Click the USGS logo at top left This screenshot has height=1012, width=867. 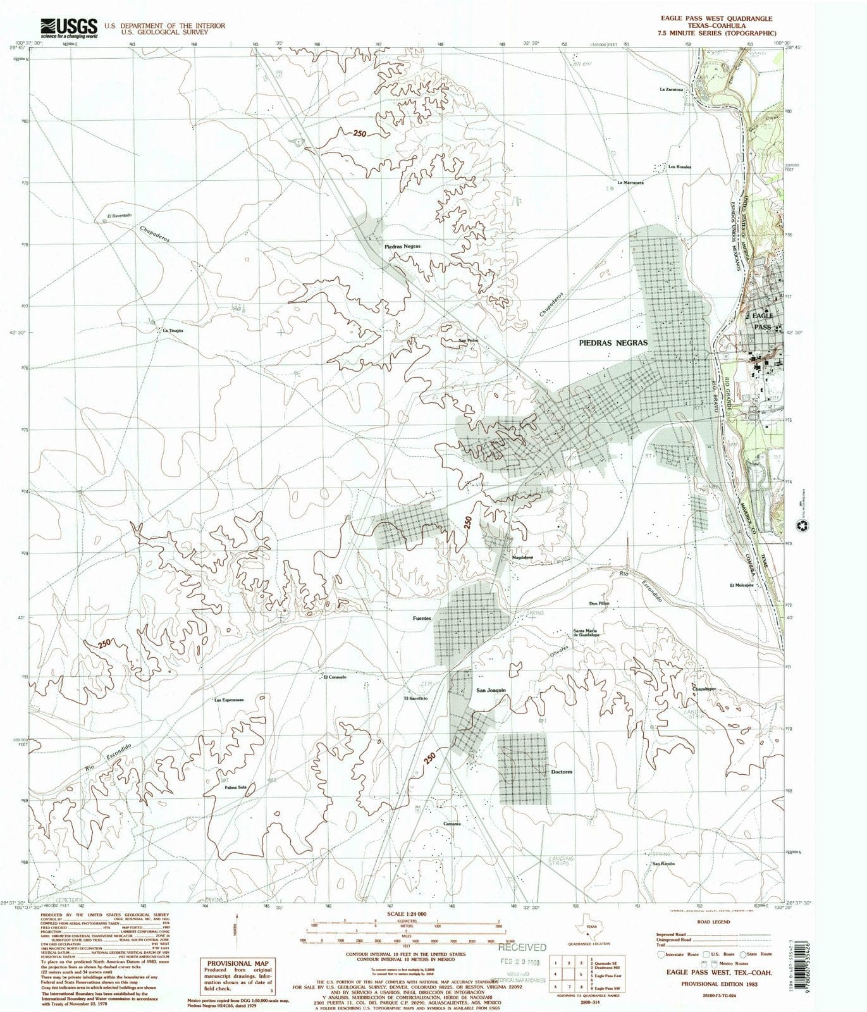coord(69,28)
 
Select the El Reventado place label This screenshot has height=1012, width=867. coord(120,216)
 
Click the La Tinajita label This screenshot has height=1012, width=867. coord(173,330)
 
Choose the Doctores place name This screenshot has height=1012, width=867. coord(562,772)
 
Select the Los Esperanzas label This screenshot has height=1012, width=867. coord(229,700)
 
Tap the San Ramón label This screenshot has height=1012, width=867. coord(663,863)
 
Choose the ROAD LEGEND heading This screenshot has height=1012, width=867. coord(714,922)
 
